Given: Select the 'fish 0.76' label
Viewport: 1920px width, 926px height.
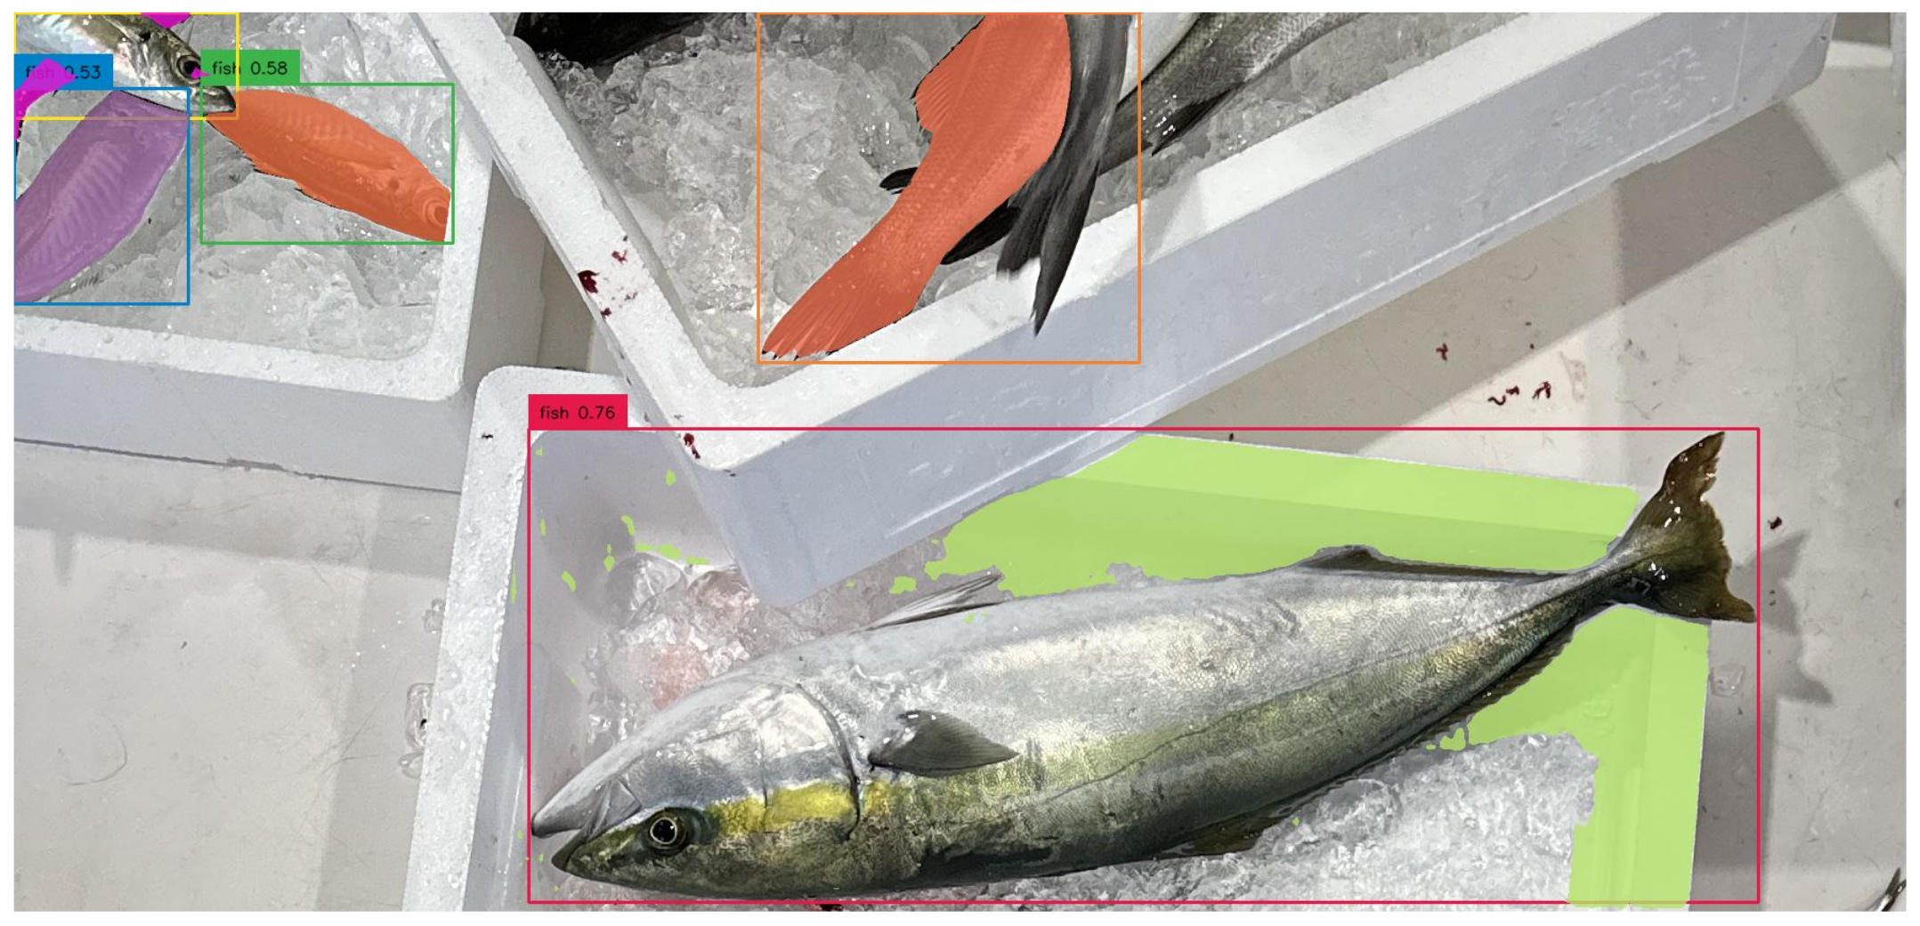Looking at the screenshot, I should pos(578,413).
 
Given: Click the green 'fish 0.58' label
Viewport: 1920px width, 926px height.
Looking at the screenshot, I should pos(250,68).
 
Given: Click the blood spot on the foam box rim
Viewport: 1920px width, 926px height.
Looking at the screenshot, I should pos(588,283).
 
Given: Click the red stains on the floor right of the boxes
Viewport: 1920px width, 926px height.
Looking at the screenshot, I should pos(1522,391).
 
